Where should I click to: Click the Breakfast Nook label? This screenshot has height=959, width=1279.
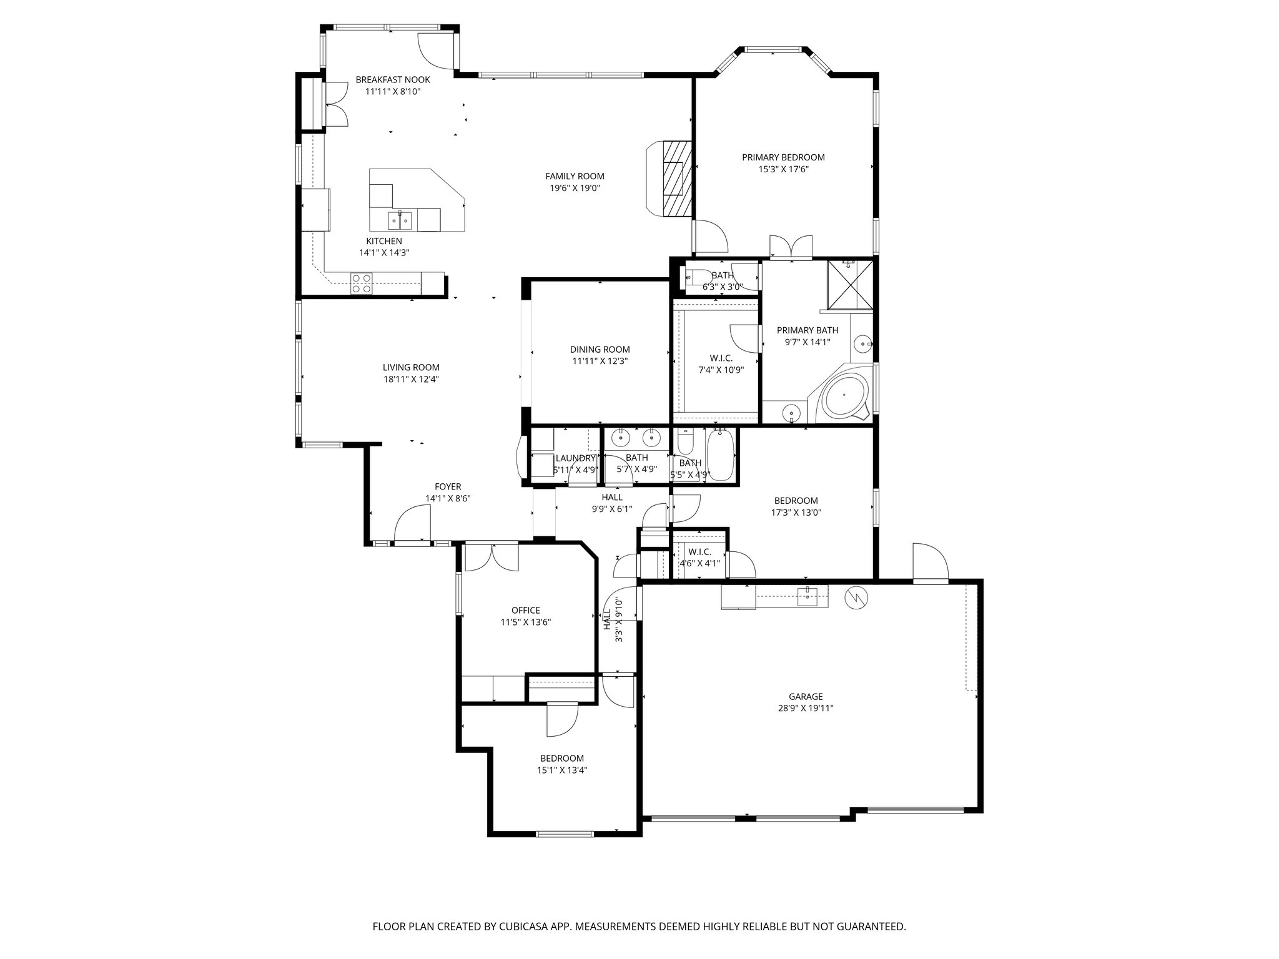pos(393,80)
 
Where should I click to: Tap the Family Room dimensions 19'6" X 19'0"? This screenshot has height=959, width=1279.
pos(575,188)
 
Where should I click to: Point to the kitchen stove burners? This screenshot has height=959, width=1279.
pos(361,283)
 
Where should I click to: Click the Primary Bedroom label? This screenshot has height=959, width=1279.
pos(783,157)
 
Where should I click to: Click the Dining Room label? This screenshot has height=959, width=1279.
pos(600,350)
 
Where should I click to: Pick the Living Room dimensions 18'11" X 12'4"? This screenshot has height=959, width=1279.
pos(411,379)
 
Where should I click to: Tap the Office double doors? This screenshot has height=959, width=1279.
pos(491,557)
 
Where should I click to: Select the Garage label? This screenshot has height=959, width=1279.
pos(806,697)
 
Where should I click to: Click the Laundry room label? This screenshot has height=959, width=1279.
pos(575,458)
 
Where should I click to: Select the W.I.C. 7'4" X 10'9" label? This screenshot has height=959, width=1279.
pos(721,358)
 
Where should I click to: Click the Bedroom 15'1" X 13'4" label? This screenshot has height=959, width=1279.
pos(562,759)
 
